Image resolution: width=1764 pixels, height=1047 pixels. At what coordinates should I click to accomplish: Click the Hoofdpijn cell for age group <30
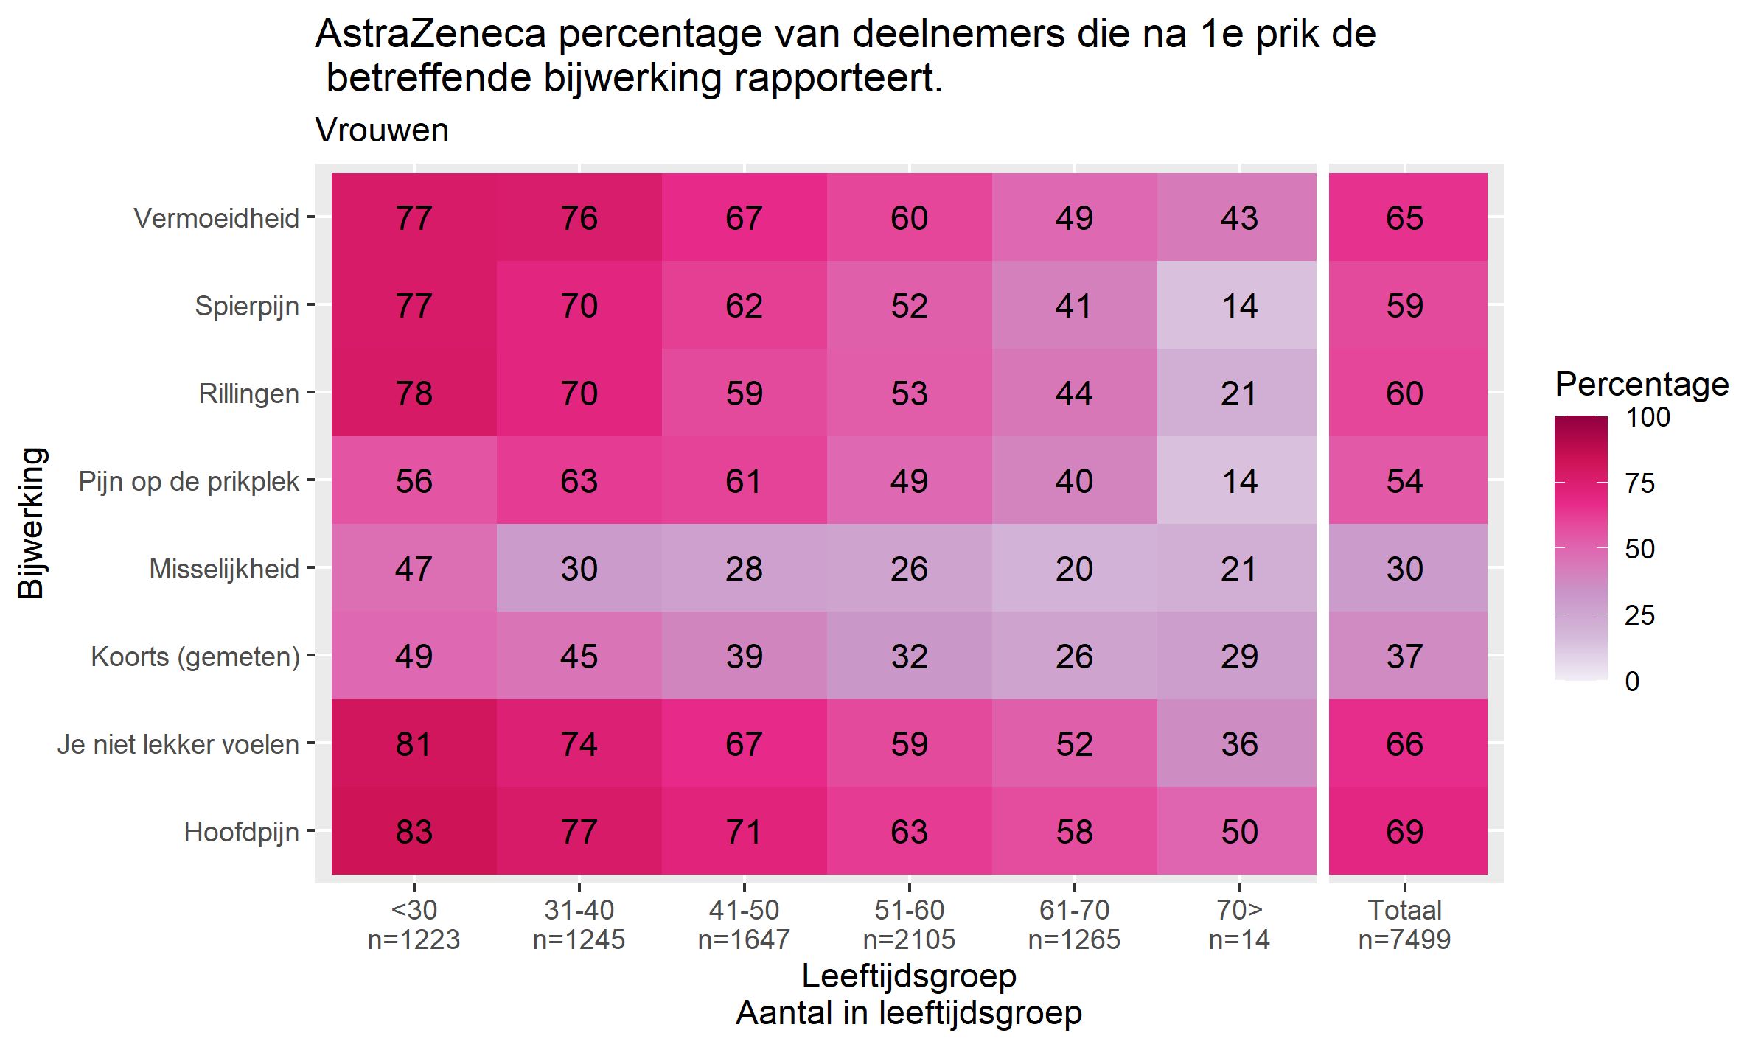coord(414,831)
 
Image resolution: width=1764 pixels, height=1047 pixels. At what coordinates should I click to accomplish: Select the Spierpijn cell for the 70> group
coord(1238,305)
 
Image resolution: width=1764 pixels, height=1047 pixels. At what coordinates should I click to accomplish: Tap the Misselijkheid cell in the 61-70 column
coord(1073,568)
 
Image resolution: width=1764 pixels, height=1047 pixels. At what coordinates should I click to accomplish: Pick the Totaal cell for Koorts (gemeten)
coord(1404,656)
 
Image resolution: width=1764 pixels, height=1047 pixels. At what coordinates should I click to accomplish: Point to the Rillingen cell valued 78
coord(414,393)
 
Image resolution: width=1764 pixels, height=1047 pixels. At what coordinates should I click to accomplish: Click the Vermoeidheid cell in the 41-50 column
coord(743,217)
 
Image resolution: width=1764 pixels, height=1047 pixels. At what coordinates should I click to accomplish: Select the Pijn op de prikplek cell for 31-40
coord(579,480)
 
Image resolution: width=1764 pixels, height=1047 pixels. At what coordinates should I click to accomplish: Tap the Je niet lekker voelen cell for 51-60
coord(908,743)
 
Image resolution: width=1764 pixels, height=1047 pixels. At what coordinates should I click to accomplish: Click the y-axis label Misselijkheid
coord(224,569)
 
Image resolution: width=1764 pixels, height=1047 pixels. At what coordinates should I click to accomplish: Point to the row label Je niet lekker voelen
coord(178,744)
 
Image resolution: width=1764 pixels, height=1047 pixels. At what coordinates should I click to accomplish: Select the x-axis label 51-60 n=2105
coord(909,925)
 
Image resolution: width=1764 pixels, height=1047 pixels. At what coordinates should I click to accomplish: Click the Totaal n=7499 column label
coord(1404,925)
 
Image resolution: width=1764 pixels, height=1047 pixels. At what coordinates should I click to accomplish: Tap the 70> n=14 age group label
coord(1239,925)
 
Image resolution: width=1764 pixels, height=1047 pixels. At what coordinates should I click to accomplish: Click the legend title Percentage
coord(1642,384)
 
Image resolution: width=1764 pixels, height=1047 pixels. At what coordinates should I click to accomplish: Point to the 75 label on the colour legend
coord(1639,483)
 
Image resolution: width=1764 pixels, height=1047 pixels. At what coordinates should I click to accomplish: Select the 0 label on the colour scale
coord(1632,682)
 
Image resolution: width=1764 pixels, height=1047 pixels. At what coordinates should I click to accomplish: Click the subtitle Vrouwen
coord(382,130)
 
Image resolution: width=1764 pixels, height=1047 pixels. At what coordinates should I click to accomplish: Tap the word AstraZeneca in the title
coord(430,34)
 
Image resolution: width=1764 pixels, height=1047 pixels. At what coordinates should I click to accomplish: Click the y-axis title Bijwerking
coord(32,522)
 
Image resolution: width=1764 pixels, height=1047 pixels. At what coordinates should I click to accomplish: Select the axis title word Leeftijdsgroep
coord(909,976)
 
